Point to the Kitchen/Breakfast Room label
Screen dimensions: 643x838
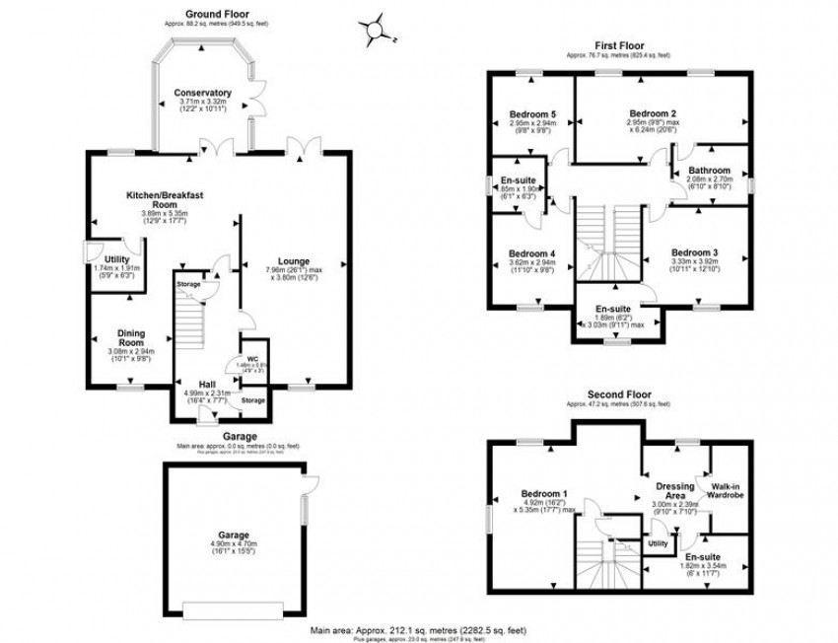pos(165,200)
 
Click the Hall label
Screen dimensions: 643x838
pos(207,384)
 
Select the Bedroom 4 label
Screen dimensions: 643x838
pos(532,253)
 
